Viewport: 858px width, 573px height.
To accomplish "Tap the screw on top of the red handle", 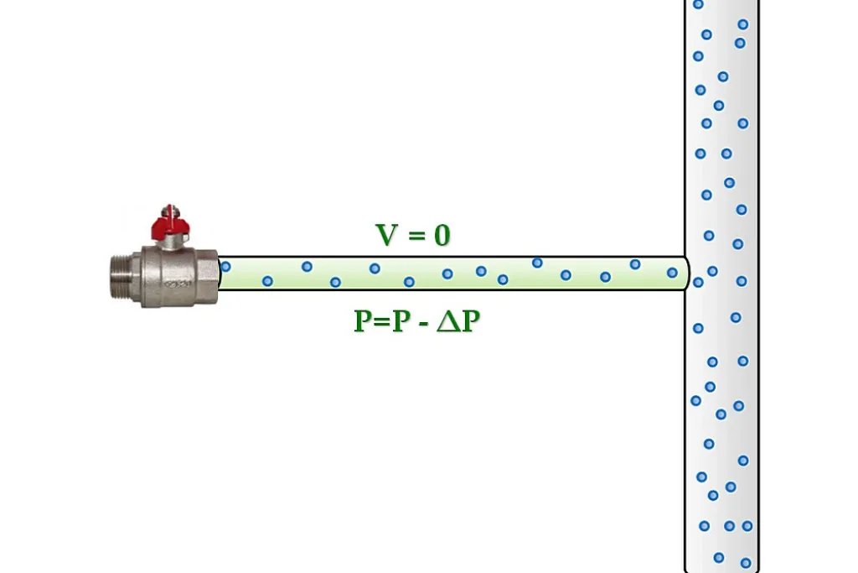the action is [x=170, y=210].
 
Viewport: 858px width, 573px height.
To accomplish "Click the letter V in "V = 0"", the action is [x=386, y=234].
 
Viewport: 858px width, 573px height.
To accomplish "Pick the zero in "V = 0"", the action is [x=442, y=235].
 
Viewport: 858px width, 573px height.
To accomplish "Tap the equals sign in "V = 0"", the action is [x=416, y=236].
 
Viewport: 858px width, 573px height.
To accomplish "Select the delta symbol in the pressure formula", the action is [x=449, y=321].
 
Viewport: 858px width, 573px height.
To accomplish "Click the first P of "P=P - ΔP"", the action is [x=363, y=321].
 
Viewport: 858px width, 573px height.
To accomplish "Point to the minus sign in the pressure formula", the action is [x=423, y=323].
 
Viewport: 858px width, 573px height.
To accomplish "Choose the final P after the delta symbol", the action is [x=471, y=321].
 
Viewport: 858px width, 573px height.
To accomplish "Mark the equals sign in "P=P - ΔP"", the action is [x=382, y=322].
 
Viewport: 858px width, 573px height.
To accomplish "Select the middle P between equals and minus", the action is [x=401, y=321].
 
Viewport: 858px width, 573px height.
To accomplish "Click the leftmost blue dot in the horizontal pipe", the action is [x=225, y=267].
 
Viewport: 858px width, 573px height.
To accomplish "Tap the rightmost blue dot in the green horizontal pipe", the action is [x=673, y=273].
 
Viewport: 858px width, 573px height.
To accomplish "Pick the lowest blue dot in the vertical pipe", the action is [x=745, y=563].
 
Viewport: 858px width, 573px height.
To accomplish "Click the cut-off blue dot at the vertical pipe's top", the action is [x=698, y=4].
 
